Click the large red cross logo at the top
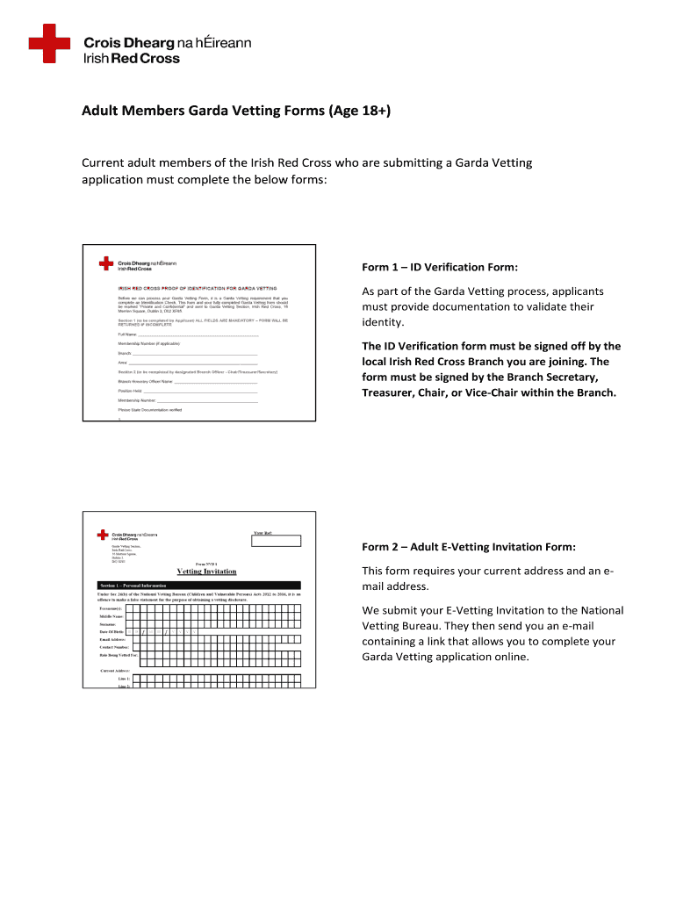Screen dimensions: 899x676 pos(48,45)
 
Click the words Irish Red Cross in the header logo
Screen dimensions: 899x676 pos(131,59)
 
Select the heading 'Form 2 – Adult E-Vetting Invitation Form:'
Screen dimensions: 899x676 pos(469,547)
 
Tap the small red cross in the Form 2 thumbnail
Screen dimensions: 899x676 pos(104,535)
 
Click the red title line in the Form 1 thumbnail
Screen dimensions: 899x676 pos(198,288)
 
